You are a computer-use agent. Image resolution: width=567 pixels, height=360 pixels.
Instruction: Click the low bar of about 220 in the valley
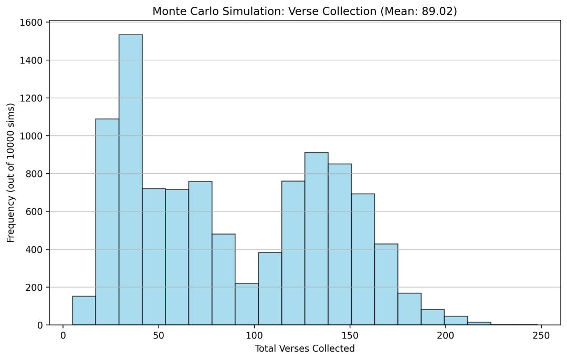pos(246,304)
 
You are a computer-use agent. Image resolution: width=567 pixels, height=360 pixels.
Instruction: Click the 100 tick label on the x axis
pos(254,335)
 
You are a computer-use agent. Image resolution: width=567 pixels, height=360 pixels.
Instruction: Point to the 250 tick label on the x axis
pos(541,335)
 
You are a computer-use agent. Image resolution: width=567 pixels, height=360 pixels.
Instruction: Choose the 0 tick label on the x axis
pos(63,335)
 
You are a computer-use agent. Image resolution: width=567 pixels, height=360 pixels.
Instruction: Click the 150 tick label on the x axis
pos(350,335)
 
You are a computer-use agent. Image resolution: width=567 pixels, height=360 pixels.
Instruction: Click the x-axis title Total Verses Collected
pos(304,348)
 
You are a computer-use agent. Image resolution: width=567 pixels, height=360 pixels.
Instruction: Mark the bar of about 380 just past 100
pos(270,289)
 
